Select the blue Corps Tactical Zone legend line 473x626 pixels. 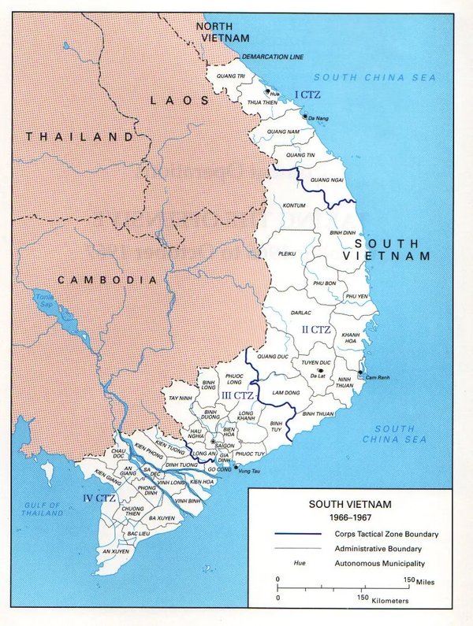coord(299,534)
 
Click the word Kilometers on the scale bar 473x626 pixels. coord(384,601)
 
